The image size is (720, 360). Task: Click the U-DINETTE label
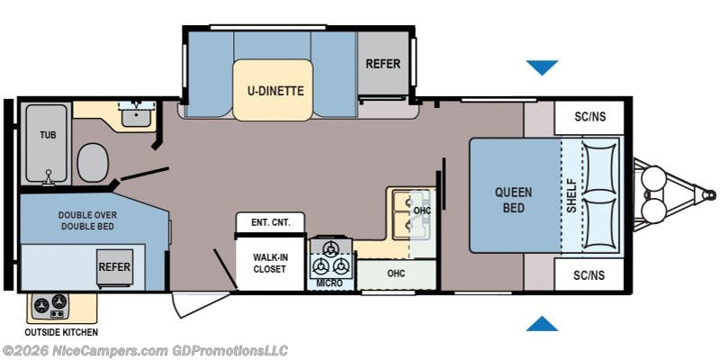point(274,90)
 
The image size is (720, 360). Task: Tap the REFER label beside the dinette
point(382,64)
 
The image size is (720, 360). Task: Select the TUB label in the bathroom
point(47,135)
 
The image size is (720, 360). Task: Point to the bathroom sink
point(139,115)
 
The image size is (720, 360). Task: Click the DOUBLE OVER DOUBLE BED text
point(92,221)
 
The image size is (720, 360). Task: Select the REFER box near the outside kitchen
point(115,267)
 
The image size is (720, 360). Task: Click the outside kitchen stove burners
point(50,308)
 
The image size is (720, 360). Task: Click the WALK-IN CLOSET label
point(271,264)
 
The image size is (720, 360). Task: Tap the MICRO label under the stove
point(329,283)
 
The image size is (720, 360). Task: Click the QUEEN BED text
point(513,199)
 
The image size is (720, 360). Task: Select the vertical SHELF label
point(571,195)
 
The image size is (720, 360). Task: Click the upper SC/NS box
point(584,117)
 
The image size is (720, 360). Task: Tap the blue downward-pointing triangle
point(542,67)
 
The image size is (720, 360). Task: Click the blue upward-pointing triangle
point(542,323)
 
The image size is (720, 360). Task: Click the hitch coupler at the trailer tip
point(710,194)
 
